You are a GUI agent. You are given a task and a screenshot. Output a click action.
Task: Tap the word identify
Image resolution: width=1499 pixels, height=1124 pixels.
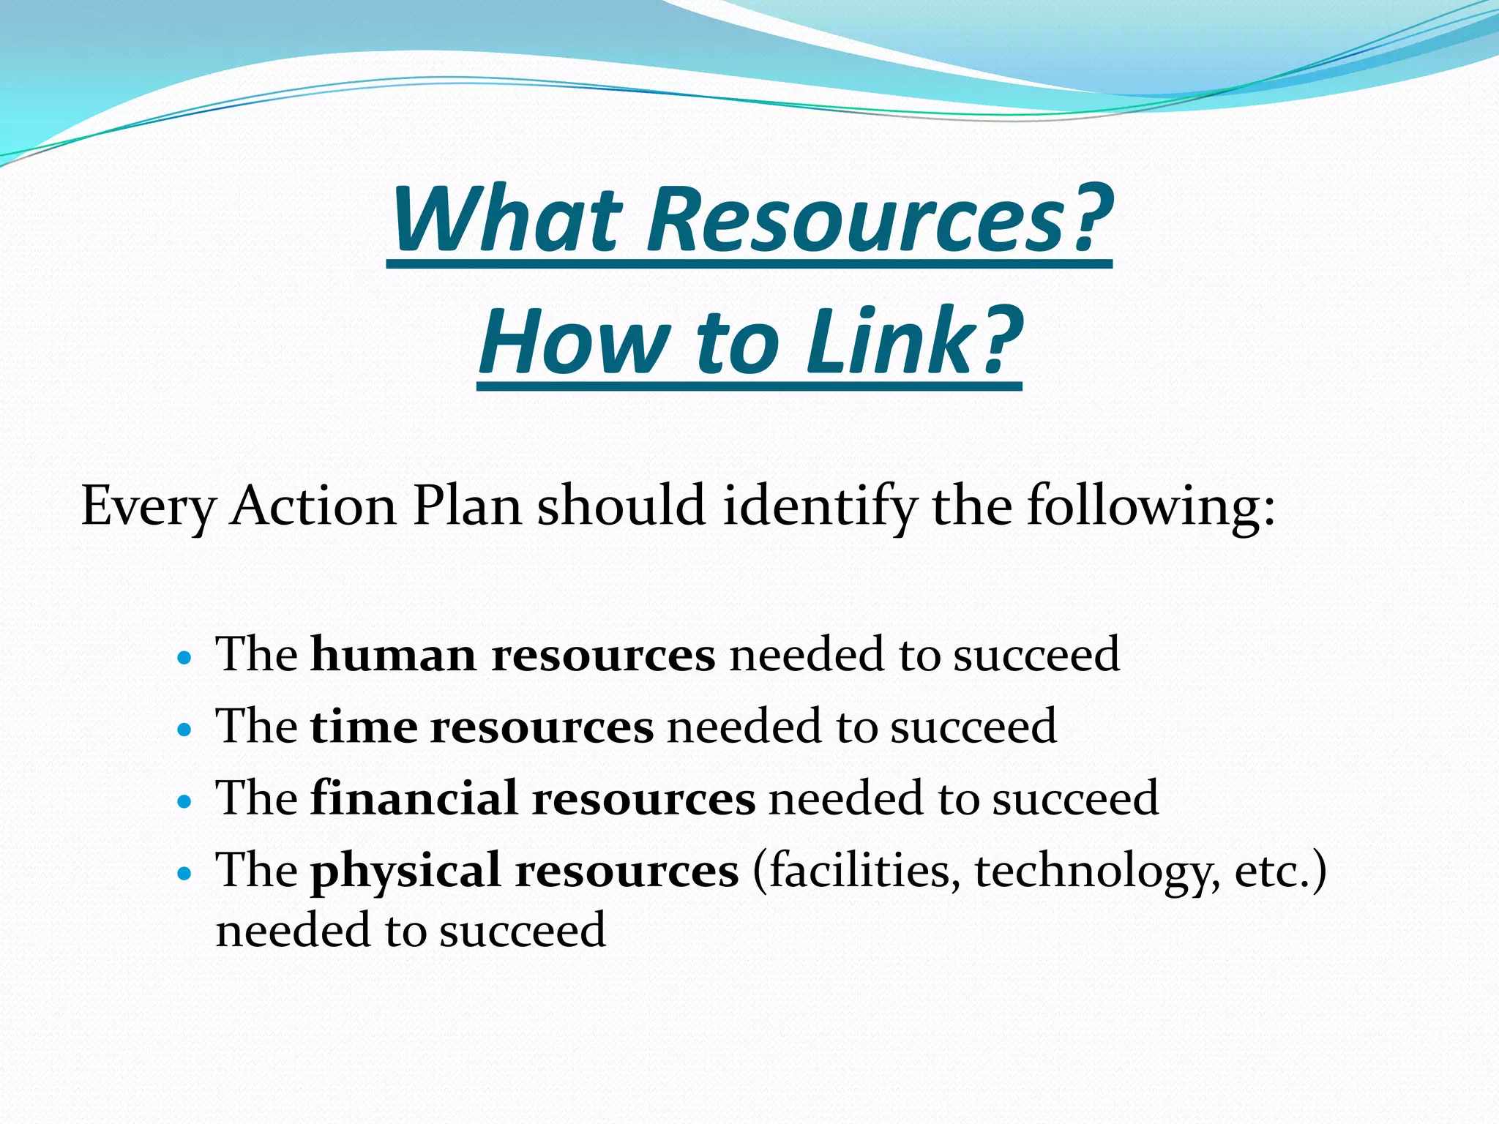pyautogui.click(x=820, y=506)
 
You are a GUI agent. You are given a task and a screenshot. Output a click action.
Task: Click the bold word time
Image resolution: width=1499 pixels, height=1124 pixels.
pyautogui.click(x=363, y=727)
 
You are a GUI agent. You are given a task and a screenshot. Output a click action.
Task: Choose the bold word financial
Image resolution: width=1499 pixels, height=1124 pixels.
pyautogui.click(x=414, y=798)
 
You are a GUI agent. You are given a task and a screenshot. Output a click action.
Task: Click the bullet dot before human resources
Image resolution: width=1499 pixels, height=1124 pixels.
pyautogui.click(x=184, y=657)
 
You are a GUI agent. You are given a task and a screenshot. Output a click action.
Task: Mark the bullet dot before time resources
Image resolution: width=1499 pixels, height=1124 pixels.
pyautogui.click(x=184, y=730)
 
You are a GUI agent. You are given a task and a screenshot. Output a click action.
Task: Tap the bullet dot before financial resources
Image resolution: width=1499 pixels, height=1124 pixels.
pyautogui.click(x=184, y=801)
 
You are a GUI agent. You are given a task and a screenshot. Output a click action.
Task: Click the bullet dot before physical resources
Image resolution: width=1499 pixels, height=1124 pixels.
pyautogui.click(x=184, y=874)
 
